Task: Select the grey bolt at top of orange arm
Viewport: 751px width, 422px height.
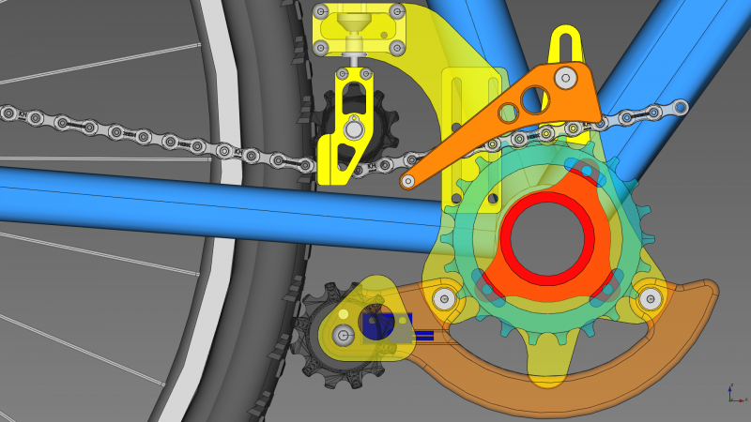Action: click(565, 77)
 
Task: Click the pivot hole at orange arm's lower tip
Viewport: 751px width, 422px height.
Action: click(408, 181)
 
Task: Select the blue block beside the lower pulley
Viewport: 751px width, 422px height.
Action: click(380, 326)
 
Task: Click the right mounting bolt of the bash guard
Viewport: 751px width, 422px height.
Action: click(650, 299)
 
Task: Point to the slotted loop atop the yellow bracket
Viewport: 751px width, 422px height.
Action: click(564, 42)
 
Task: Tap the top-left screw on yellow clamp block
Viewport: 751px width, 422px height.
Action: click(322, 13)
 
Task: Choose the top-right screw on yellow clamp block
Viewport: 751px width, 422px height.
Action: click(399, 13)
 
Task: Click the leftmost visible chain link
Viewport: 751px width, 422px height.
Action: click(10, 113)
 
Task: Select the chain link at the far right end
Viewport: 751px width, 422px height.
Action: click(678, 108)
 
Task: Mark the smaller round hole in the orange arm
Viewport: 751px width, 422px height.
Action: click(508, 113)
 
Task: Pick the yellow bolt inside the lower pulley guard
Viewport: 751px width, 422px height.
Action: click(344, 334)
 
